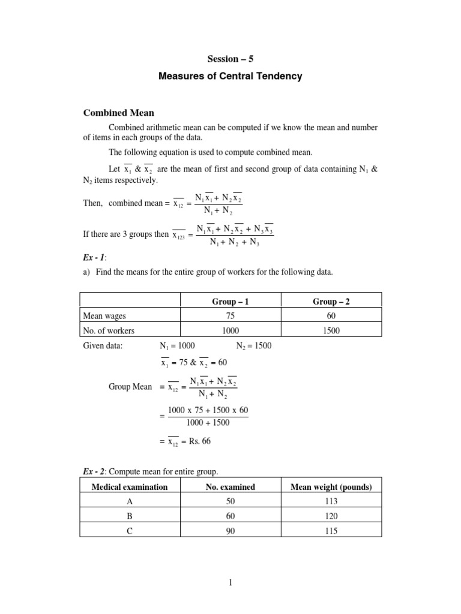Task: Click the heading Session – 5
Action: tap(230, 59)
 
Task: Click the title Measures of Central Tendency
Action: tap(230, 76)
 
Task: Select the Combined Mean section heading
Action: tap(118, 112)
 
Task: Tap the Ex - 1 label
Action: tap(94, 257)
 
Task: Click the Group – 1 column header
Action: tap(230, 302)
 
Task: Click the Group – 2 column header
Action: tap(331, 302)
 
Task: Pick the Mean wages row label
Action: tap(104, 316)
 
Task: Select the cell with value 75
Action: tap(230, 316)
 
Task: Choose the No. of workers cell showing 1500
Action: tap(331, 330)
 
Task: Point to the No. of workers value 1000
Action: tap(230, 330)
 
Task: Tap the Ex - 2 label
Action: tap(94, 472)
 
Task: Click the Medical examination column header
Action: tap(130, 487)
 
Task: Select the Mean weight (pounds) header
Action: tap(331, 487)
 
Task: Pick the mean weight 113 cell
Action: tap(331, 501)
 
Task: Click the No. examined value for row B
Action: tap(230, 516)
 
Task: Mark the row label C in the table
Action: tap(130, 531)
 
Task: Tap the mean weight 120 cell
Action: tap(331, 516)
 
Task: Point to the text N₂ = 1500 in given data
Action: tap(254, 346)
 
